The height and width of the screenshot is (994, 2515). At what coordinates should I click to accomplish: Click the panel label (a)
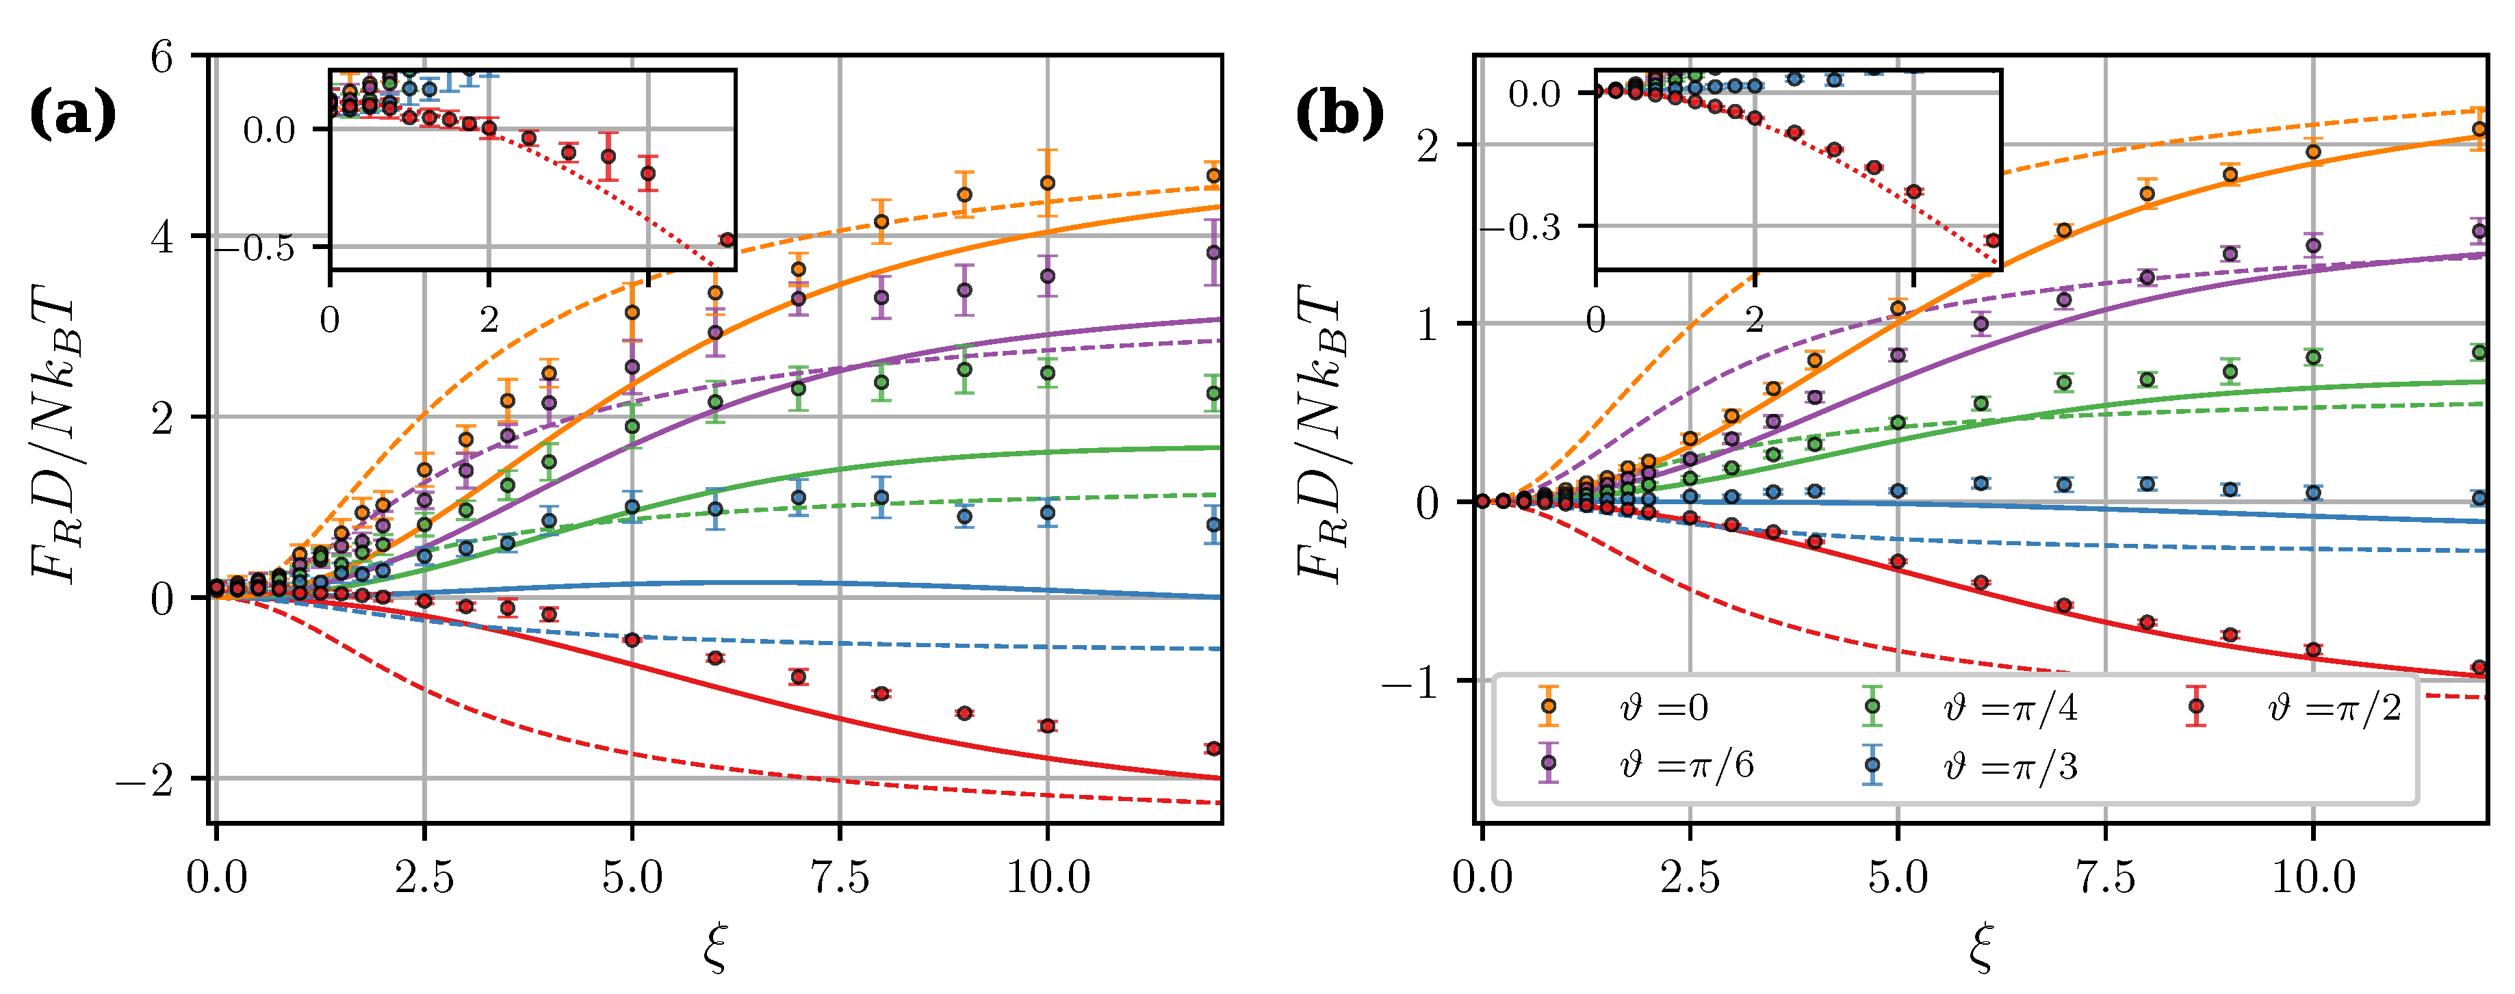[x=73, y=114]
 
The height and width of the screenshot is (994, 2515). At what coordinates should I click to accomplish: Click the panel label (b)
[x=1339, y=114]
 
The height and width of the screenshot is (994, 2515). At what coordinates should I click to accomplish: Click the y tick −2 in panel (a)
[x=144, y=779]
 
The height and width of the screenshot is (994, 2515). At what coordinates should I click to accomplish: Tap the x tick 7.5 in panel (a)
[x=840, y=877]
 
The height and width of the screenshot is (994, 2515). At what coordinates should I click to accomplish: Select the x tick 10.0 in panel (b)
[x=2313, y=877]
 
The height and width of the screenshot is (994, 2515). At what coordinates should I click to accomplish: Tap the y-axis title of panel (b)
[x=1323, y=434]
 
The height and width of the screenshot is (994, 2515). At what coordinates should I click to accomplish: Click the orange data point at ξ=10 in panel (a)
[x=1048, y=183]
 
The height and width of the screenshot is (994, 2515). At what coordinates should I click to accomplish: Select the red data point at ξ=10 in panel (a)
[x=1048, y=725]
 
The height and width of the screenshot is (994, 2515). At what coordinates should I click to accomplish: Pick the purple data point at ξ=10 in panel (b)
[x=2313, y=246]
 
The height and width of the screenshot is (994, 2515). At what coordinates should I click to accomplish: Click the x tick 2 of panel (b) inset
[x=1755, y=318]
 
